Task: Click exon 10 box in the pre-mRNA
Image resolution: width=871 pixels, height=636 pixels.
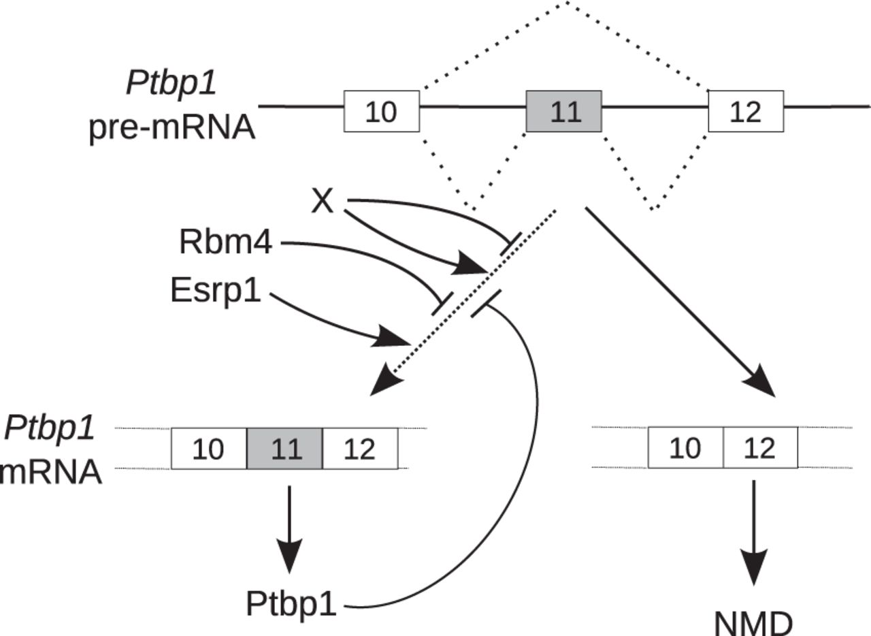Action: point(381,111)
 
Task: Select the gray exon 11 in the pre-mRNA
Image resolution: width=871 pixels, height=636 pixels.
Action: point(564,111)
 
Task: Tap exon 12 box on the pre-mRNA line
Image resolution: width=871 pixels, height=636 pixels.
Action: point(745,111)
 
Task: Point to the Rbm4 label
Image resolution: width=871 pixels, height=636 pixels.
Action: point(225,243)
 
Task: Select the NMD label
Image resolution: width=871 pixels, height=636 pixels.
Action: point(753,621)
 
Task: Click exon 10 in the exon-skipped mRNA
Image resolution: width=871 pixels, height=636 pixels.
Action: point(685,448)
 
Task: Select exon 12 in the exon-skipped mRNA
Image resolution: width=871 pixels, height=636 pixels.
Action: point(760,448)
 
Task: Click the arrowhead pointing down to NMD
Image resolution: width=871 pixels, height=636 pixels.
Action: point(753,569)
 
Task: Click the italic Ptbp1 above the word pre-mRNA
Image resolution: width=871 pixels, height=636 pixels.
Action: point(171,84)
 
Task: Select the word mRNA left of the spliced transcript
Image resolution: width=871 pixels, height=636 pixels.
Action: point(51,472)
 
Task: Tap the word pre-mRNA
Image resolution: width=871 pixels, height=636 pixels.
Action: point(171,127)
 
